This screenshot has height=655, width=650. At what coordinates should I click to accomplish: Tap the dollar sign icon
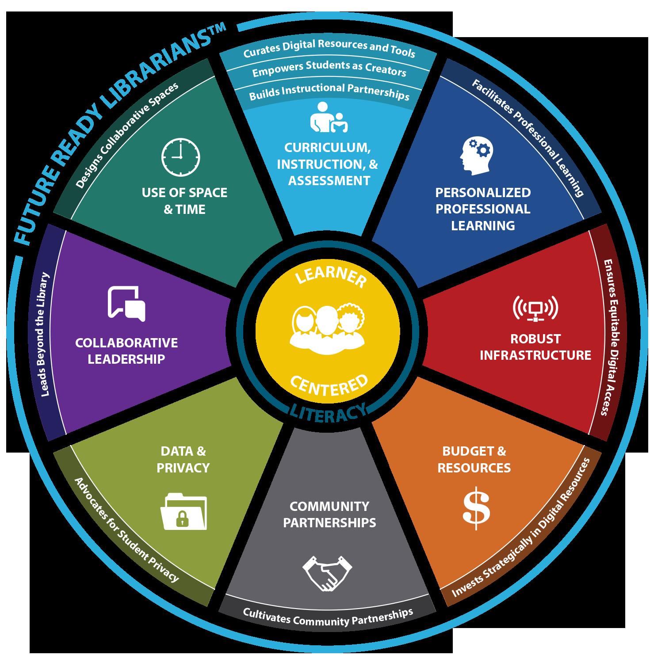tap(476, 507)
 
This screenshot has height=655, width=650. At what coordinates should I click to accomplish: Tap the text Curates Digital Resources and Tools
tap(329, 48)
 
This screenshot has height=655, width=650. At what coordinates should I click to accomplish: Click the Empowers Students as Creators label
tap(329, 69)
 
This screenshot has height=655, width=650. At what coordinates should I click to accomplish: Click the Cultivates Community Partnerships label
tap(328, 617)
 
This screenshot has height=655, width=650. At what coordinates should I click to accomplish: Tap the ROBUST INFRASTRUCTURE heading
tap(535, 347)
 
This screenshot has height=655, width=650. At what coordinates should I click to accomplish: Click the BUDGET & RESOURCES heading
tap(474, 460)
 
